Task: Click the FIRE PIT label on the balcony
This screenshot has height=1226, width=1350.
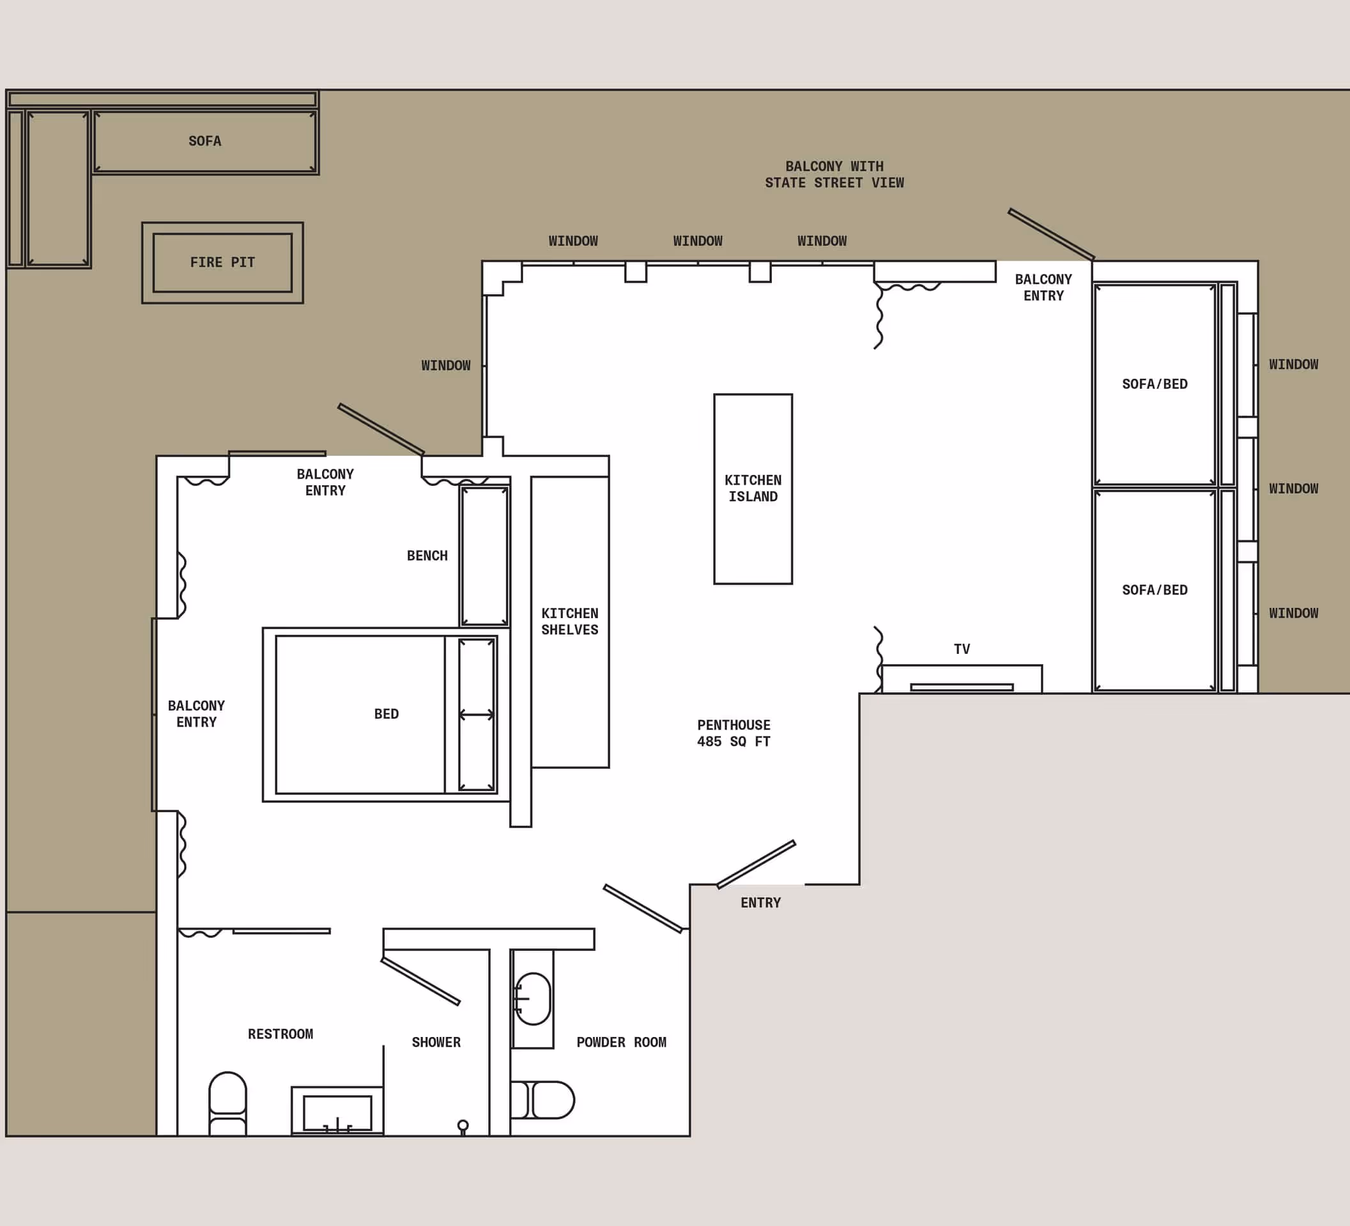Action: tap(222, 262)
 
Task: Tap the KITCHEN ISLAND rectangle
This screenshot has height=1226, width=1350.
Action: tap(753, 488)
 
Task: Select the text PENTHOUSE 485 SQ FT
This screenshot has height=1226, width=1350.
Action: tap(733, 733)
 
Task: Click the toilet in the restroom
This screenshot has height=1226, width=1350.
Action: tap(227, 1103)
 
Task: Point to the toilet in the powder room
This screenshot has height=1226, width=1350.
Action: tap(544, 1100)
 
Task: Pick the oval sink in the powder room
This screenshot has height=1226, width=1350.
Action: tap(533, 999)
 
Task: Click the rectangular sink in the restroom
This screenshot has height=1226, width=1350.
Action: tap(337, 1113)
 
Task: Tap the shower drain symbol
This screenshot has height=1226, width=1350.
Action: tap(463, 1126)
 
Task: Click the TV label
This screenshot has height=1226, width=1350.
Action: tap(962, 649)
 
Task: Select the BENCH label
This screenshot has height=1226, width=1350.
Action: tap(427, 556)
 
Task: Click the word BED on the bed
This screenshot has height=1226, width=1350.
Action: tap(387, 714)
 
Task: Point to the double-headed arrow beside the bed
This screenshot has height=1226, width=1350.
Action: tap(477, 715)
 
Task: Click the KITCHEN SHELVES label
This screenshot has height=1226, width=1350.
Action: tap(570, 621)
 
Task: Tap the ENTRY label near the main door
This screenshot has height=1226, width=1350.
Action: tap(761, 903)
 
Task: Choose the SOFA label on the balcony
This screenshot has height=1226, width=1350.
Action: tap(205, 141)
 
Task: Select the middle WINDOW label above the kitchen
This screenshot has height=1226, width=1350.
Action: tap(698, 241)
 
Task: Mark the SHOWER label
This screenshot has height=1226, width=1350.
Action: tap(436, 1042)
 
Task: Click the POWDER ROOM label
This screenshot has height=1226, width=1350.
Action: tap(622, 1042)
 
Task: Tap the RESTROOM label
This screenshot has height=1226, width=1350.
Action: tap(280, 1034)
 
